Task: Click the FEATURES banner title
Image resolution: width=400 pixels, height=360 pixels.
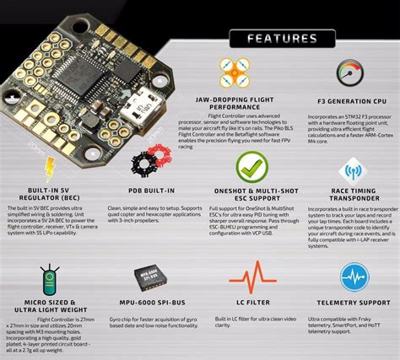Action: pos(278,39)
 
